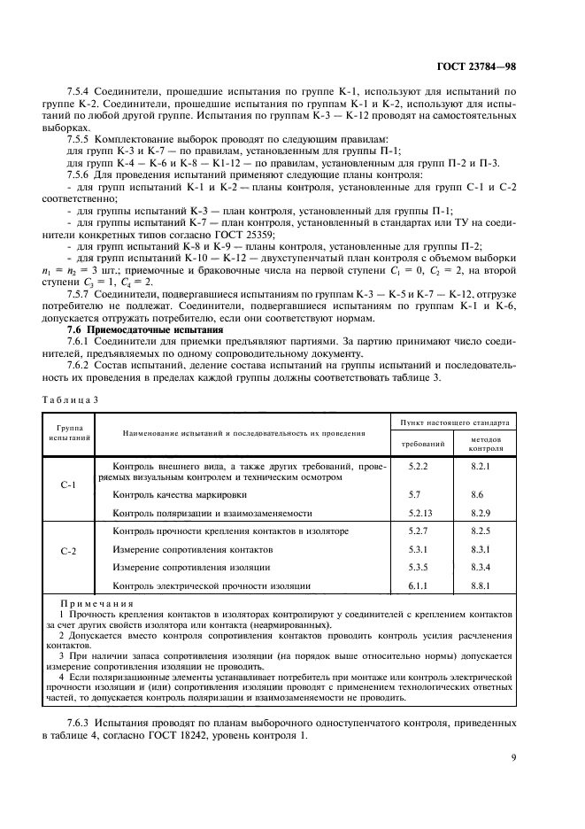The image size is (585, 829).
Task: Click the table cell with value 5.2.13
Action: click(422, 513)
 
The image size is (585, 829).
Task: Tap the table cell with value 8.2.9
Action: click(481, 513)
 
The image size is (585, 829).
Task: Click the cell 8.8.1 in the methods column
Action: click(481, 585)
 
